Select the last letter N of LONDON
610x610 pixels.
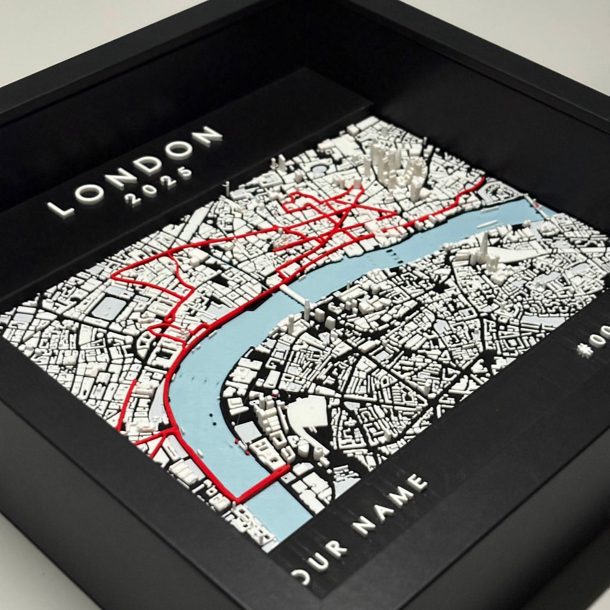pos(210,136)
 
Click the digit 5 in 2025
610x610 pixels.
pos(186,173)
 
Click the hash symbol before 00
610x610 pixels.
pos(585,349)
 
